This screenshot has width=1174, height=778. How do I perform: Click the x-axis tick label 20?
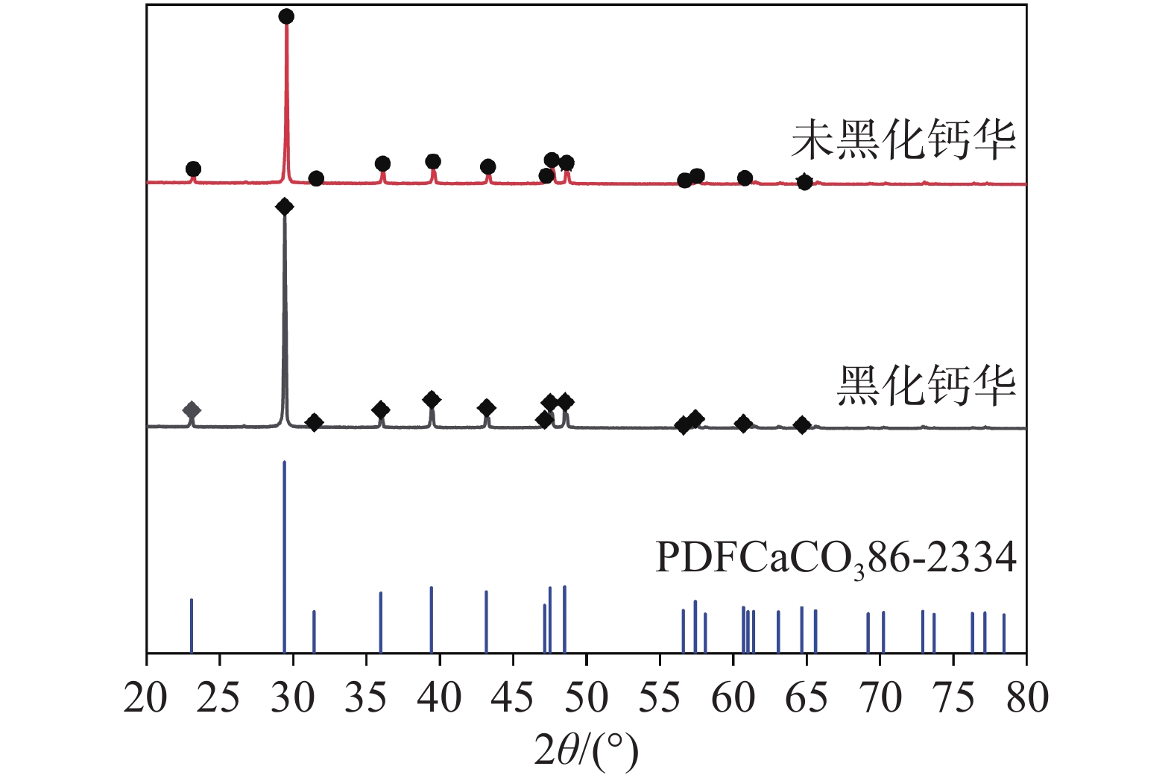146,698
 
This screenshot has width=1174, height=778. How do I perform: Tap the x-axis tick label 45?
513,698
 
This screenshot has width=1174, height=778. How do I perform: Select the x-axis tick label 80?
1026,698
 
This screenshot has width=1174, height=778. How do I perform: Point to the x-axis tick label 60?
733,698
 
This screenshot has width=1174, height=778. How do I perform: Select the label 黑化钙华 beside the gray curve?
927,386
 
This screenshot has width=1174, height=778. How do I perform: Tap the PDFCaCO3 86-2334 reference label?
836,557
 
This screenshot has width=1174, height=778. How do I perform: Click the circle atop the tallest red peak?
286,16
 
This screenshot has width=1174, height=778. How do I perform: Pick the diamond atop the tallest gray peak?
284,207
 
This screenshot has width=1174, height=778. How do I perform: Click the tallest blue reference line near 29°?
285,556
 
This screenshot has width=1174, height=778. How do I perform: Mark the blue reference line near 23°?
192,625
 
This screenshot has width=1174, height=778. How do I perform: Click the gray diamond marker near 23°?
192,410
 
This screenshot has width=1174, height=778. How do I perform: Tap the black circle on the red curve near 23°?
193,169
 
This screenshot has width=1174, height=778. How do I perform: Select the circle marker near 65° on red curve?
804,182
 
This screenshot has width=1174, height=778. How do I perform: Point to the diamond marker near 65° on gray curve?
802,425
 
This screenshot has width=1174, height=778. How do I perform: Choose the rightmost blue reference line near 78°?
1004,633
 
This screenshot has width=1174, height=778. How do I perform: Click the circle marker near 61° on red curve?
745,178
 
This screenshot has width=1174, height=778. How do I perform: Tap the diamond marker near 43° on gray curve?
487,408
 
